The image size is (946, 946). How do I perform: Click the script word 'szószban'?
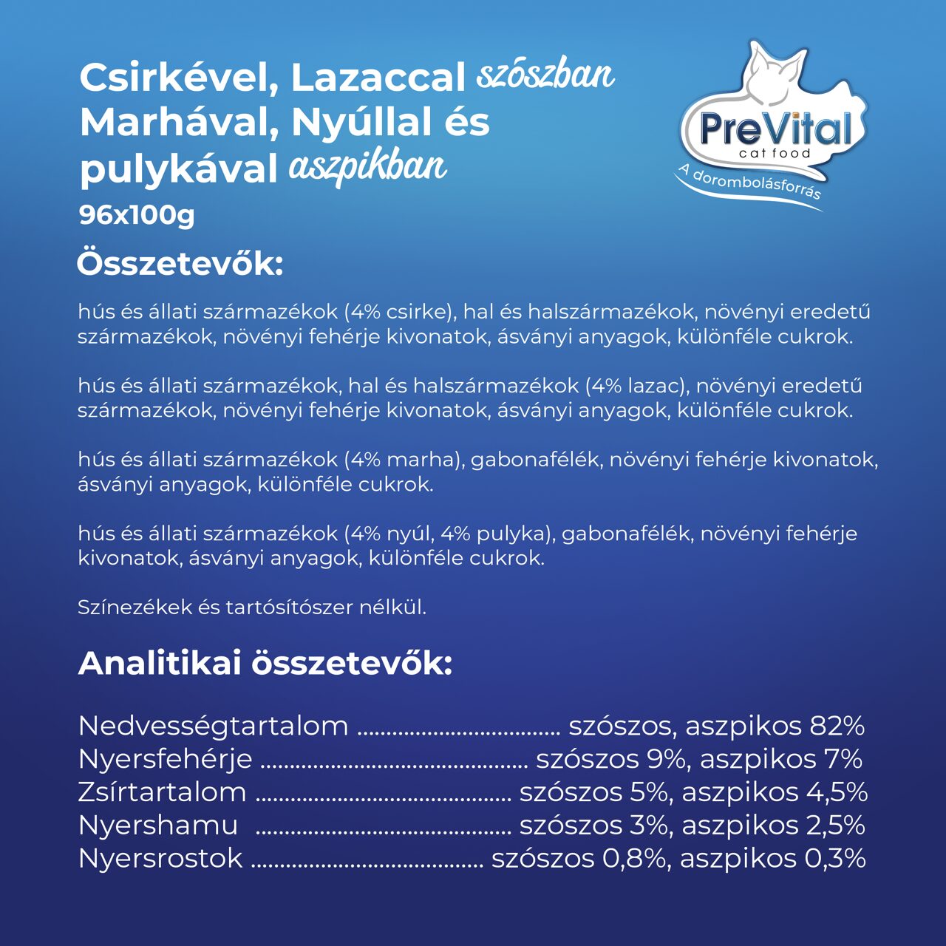pyautogui.click(x=545, y=75)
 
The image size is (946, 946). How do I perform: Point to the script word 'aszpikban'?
pyautogui.click(x=367, y=167)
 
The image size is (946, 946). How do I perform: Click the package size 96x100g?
pyautogui.click(x=137, y=215)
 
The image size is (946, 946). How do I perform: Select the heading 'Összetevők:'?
pyautogui.click(x=180, y=264)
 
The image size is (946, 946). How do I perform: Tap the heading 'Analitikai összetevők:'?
pyautogui.click(x=265, y=663)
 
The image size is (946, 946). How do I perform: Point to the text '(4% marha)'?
pyautogui.click(x=404, y=460)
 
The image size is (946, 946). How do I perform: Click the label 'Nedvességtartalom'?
pyautogui.click(x=213, y=726)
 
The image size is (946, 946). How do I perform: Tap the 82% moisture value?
pyautogui.click(x=837, y=726)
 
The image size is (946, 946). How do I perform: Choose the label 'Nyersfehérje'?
pyautogui.click(x=165, y=759)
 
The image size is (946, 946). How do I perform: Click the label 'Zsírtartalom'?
pyautogui.click(x=162, y=792)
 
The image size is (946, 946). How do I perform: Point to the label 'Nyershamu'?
pyautogui.click(x=158, y=826)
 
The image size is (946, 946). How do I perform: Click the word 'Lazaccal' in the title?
pyautogui.click(x=378, y=78)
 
